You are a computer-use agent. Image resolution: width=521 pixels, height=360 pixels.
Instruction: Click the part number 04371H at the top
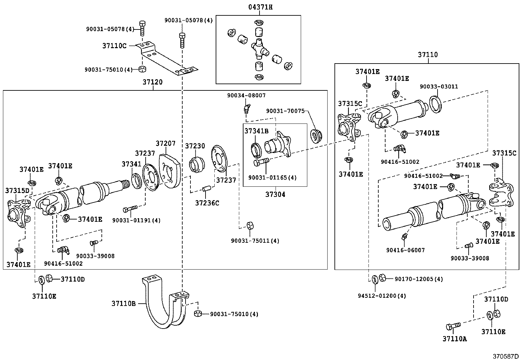[x=260, y=7]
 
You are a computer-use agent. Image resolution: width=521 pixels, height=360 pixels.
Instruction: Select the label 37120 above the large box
[x=153, y=82]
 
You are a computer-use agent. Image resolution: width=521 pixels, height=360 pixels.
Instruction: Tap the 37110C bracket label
[x=115, y=46]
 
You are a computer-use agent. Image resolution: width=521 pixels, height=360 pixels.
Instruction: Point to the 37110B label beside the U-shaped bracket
[x=123, y=304]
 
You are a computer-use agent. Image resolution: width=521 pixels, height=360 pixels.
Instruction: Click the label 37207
[x=166, y=143]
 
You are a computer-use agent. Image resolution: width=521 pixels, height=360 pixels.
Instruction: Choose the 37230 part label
[x=195, y=146]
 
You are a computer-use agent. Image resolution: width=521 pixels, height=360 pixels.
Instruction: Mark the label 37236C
[x=207, y=203]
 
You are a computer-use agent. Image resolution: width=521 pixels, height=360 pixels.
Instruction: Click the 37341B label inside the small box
[x=256, y=131]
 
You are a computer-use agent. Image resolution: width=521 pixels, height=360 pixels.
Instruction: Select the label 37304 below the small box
[x=275, y=194]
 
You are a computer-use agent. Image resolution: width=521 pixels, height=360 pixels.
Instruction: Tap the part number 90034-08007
[x=246, y=95]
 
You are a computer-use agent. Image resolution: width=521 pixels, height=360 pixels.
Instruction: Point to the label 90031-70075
[x=285, y=111]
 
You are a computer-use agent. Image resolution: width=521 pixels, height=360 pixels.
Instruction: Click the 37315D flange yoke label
[x=17, y=191]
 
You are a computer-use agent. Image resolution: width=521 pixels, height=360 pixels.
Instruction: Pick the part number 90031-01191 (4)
[x=136, y=220]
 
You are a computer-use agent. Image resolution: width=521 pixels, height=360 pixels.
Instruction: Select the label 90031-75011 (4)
[x=255, y=241]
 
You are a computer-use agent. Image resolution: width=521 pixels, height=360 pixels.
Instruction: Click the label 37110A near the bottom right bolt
[x=455, y=339]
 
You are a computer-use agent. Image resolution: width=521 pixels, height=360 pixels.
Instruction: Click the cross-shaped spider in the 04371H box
[x=260, y=49]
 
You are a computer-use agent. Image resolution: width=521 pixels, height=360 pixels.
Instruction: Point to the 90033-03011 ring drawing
[x=435, y=104]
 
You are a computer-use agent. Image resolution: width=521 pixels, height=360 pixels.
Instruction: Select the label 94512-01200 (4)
[x=382, y=296]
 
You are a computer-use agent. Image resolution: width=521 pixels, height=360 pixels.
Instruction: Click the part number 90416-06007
[x=405, y=250]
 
